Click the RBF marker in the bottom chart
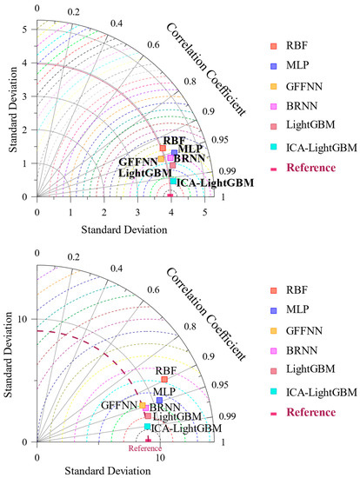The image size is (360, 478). [x=164, y=380]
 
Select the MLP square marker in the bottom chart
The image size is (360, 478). [x=159, y=401]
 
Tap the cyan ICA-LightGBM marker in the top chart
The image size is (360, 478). [x=173, y=181]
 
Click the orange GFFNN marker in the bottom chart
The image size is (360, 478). [x=143, y=405]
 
